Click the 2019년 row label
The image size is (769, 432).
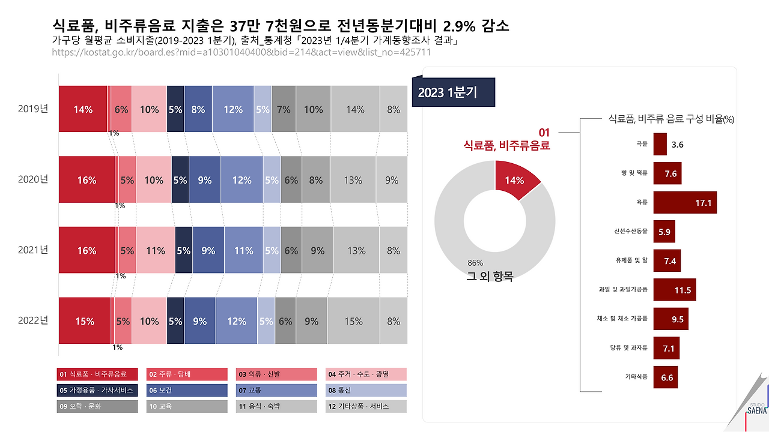point(32,109)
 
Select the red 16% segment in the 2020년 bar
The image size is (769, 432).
point(87,180)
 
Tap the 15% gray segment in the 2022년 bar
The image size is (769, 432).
point(353,321)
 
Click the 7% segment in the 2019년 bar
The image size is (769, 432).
point(284,109)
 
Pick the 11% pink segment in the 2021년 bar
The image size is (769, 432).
point(156,251)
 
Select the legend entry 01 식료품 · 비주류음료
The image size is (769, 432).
point(96,374)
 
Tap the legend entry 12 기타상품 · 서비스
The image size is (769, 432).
point(366,407)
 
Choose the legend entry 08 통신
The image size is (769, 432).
point(366,391)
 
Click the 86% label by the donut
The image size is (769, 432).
point(475,263)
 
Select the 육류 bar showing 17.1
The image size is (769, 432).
point(685,203)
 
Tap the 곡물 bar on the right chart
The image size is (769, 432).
point(660,145)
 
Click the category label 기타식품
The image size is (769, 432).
point(636,377)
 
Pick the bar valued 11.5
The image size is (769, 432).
point(675,290)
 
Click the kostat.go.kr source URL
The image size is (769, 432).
point(242,52)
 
